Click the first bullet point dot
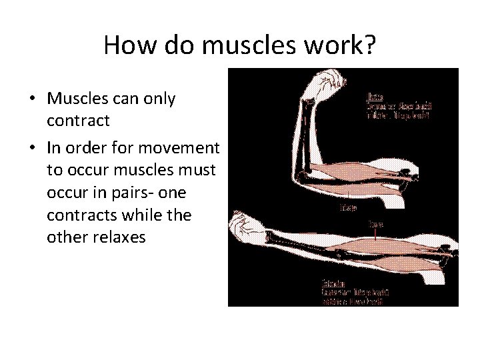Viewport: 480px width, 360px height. pos(32,99)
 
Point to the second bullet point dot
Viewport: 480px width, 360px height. pos(32,147)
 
